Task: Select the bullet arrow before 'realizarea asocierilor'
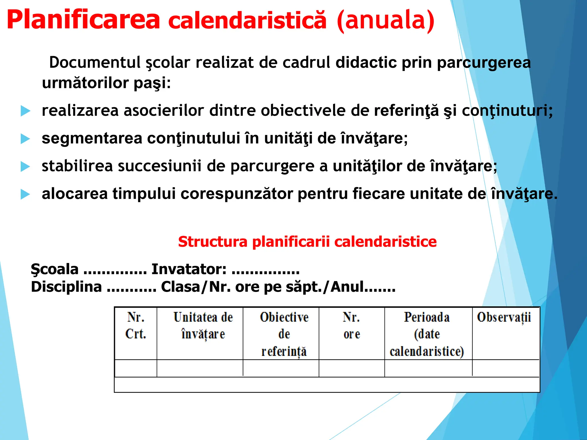coord(25,111)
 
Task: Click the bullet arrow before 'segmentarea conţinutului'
coord(25,139)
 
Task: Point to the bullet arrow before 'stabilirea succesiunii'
coord(25,167)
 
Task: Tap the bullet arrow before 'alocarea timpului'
coord(25,195)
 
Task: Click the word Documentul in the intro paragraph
coord(95,62)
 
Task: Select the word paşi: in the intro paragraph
coord(152,83)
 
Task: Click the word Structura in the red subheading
coord(212,241)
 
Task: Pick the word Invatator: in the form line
coord(189,269)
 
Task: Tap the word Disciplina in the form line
coord(66,287)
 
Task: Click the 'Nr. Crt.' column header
coord(136,326)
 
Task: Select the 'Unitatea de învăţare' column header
coord(203,326)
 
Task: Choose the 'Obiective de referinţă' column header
coord(284,334)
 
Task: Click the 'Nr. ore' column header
coord(351,326)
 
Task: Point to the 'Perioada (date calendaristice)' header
coord(427,334)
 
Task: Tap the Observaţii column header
coord(504,317)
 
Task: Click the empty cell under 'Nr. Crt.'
coord(136,368)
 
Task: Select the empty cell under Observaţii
coord(506,368)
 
